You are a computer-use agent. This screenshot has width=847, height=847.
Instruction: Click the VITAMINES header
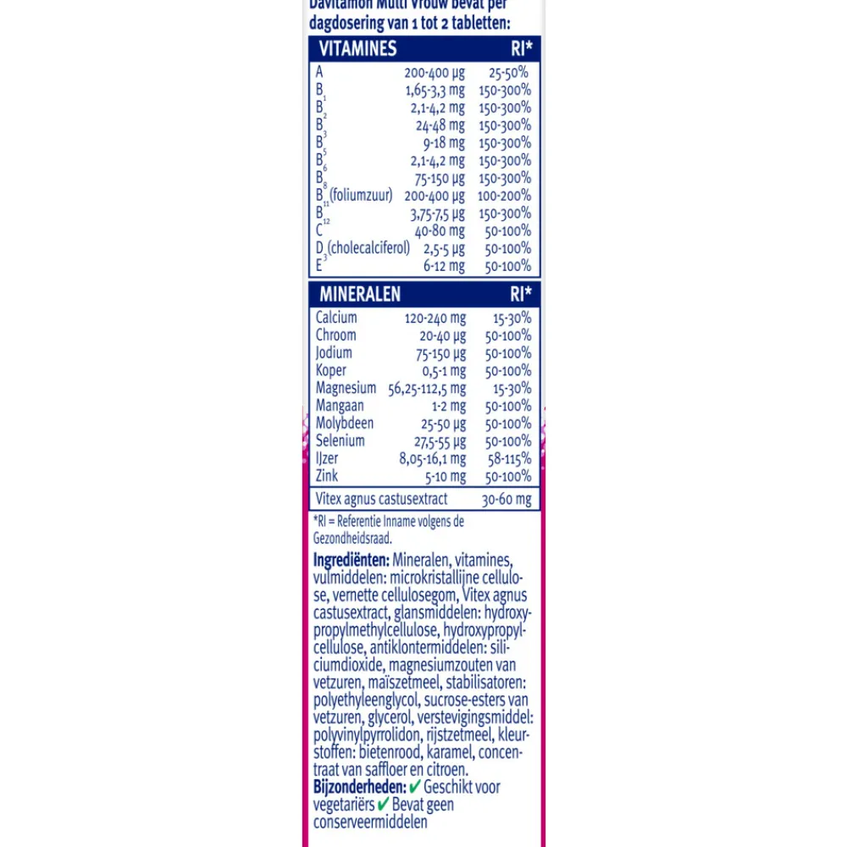(357, 48)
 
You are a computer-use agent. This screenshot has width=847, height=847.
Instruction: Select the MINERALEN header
(360, 295)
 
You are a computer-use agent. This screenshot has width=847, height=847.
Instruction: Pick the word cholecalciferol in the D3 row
(369, 248)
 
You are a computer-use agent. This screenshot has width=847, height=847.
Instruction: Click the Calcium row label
(336, 318)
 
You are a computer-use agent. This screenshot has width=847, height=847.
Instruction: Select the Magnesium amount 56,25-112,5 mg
(427, 388)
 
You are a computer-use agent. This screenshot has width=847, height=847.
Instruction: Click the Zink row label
(327, 476)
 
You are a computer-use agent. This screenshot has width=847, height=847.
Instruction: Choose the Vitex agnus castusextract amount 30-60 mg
(507, 499)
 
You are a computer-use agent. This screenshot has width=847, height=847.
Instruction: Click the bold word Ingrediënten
(351, 560)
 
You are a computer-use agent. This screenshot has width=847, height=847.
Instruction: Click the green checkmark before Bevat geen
(383, 804)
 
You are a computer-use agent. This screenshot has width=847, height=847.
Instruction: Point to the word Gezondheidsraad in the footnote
(352, 538)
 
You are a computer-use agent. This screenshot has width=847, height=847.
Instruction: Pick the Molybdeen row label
(345, 423)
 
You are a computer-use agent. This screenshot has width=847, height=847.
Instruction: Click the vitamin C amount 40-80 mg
(440, 230)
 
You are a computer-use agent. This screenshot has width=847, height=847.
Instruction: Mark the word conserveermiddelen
(370, 822)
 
